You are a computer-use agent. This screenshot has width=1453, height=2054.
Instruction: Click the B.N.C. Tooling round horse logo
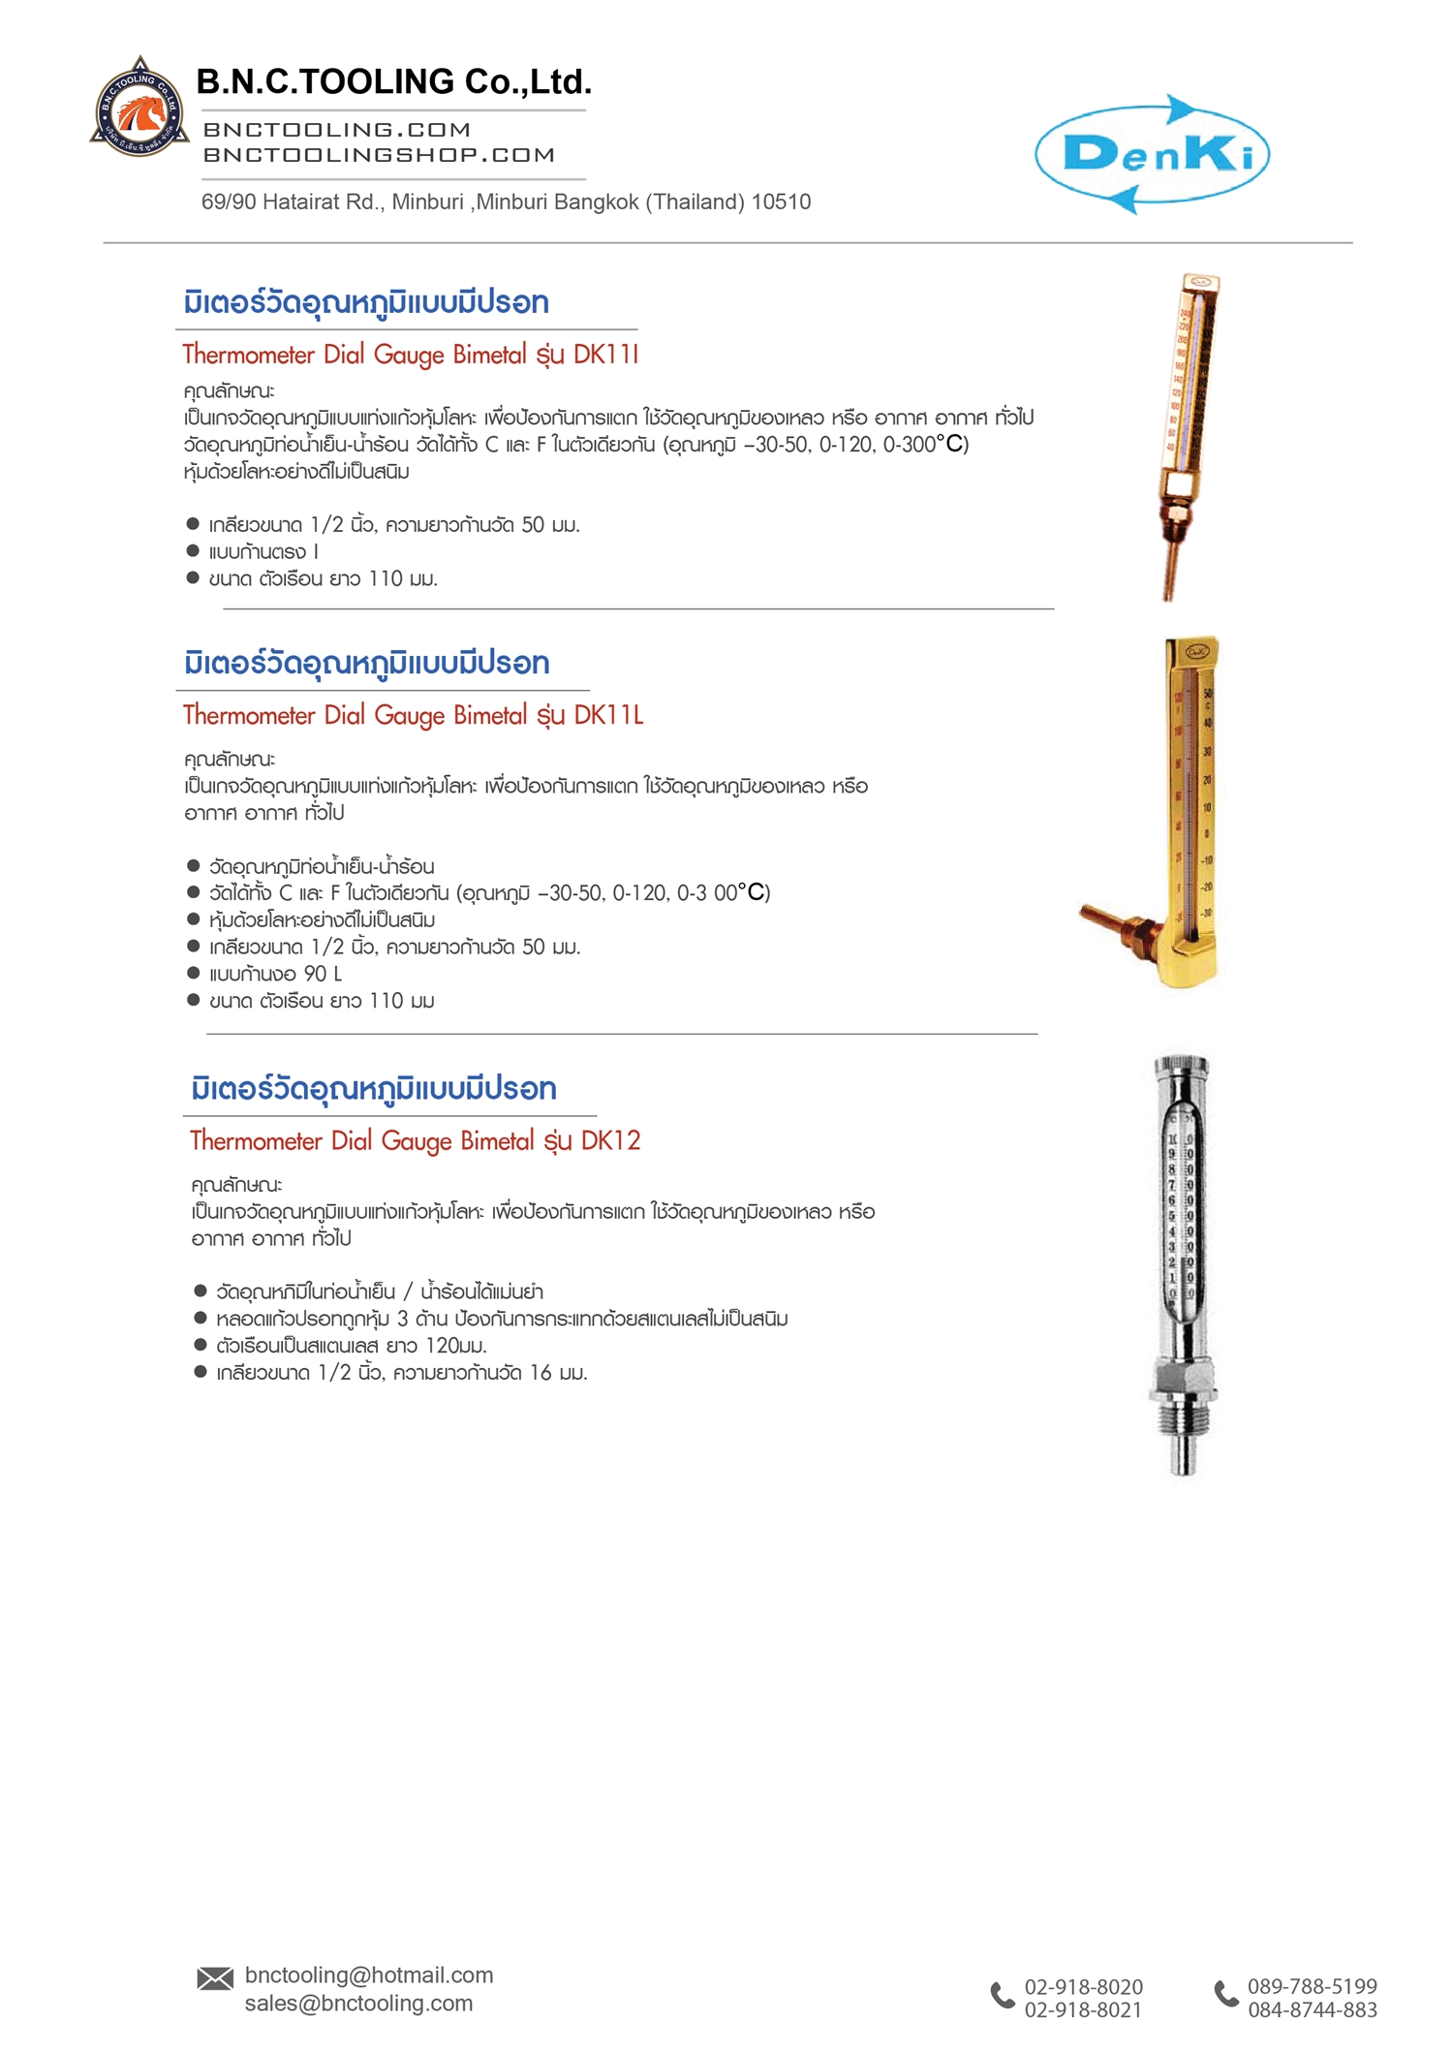(x=139, y=109)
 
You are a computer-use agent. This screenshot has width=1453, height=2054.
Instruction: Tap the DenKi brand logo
(x=1152, y=154)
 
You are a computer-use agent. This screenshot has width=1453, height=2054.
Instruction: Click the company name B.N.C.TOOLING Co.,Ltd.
(x=393, y=82)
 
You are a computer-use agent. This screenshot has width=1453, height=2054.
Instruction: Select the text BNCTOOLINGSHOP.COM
(x=379, y=155)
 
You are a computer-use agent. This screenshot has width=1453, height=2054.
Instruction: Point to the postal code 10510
(x=781, y=202)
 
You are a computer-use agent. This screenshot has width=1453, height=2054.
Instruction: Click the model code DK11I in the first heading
(x=605, y=355)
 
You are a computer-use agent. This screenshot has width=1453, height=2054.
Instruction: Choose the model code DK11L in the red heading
(x=608, y=715)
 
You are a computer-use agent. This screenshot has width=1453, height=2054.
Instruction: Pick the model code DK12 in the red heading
(x=610, y=1140)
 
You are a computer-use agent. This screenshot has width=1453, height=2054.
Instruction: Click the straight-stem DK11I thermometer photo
(x=1188, y=436)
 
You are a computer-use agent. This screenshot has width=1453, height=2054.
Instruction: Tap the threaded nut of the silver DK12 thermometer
(x=1182, y=1381)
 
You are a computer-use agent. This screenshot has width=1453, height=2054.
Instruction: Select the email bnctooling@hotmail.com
(x=369, y=1975)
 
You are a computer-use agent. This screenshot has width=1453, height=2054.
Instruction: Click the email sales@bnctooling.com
(x=358, y=2003)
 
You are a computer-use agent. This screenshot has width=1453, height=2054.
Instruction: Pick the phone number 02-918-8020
(x=1083, y=1987)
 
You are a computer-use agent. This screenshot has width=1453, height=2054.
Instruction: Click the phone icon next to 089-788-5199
(x=1226, y=1993)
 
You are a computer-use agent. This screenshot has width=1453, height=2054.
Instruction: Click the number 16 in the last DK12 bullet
(x=540, y=1373)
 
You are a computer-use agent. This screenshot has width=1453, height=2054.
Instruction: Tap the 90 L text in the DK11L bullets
(x=323, y=974)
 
